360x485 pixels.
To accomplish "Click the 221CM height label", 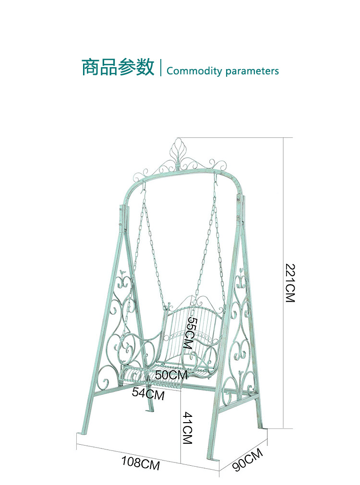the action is [289, 283].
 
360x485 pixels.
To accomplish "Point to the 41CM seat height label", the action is [187, 428].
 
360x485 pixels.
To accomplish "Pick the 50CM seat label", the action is [171, 375].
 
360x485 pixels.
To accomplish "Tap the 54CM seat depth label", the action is [148, 394].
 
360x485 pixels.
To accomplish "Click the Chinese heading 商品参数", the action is [118, 67].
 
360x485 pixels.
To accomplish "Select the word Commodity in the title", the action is [194, 71].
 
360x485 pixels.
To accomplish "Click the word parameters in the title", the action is [252, 71].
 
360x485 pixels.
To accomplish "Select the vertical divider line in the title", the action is [160, 68].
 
